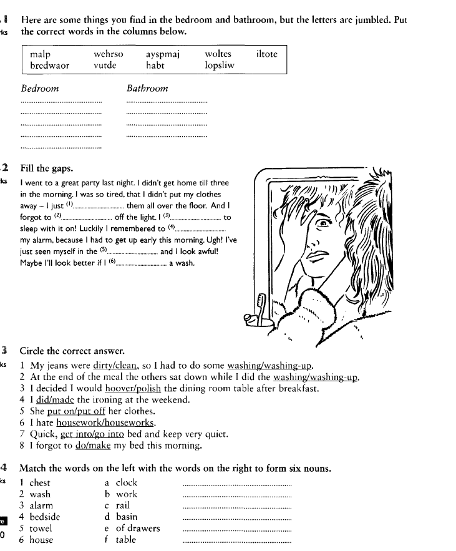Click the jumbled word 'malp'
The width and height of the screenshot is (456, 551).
tap(41, 54)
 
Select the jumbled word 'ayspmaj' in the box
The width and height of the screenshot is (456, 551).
tap(163, 54)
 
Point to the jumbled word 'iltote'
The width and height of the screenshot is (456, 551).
tap(267, 54)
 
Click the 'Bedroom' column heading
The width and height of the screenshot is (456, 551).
tap(40, 89)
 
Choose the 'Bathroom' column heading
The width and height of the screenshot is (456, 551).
tap(147, 89)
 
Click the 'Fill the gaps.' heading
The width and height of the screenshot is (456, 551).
tap(47, 168)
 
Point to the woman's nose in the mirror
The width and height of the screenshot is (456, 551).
tap(316, 240)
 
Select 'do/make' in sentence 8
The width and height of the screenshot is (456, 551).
tap(91, 446)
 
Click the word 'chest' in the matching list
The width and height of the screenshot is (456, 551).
tap(40, 483)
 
